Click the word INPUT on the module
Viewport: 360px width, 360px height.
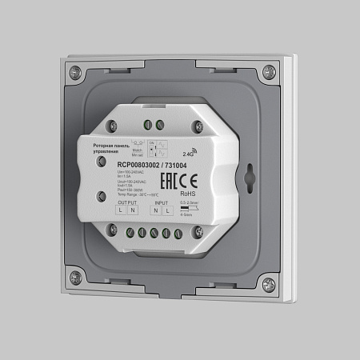(x=163, y=204)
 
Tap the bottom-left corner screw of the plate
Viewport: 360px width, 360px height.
(x=75, y=278)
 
